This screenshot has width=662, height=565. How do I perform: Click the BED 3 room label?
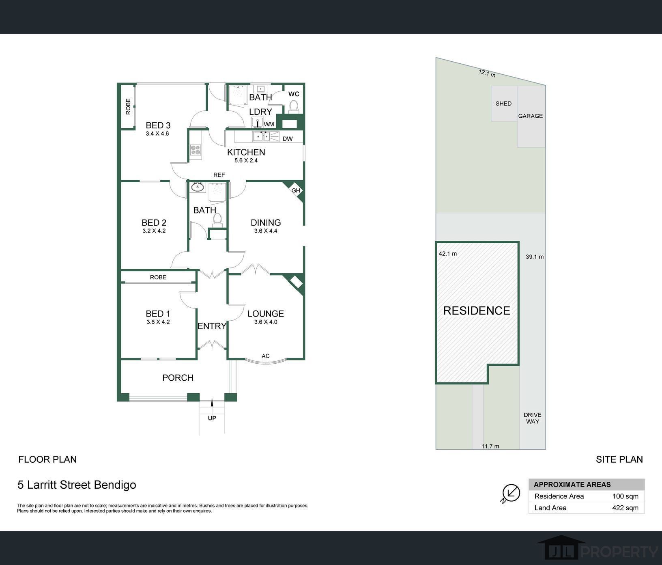[x=158, y=125]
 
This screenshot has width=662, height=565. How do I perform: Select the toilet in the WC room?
[x=293, y=106]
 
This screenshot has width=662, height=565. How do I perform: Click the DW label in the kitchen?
[x=288, y=139]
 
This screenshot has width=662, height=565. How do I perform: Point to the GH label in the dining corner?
[x=296, y=190]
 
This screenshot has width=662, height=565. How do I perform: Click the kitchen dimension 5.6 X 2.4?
[x=246, y=160]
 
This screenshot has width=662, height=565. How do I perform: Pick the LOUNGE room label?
[x=266, y=314]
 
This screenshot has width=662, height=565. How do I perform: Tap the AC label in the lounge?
[x=266, y=356]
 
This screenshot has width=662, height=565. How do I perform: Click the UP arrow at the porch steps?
[x=212, y=404]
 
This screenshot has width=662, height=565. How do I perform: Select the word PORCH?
[x=178, y=378]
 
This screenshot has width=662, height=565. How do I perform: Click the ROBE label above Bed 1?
[x=158, y=277]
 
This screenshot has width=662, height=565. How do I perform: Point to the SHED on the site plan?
[x=504, y=104]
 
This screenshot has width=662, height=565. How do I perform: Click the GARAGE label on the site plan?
[x=531, y=116]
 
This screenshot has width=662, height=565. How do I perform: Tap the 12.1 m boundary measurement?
[x=487, y=73]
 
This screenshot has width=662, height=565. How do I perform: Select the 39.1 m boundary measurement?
[x=535, y=257]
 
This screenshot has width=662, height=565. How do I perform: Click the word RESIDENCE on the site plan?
[x=477, y=311]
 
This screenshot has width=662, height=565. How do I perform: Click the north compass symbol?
[x=511, y=493]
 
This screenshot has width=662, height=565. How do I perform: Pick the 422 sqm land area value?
[x=625, y=508]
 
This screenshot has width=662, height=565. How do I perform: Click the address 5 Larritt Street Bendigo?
[x=77, y=485]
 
